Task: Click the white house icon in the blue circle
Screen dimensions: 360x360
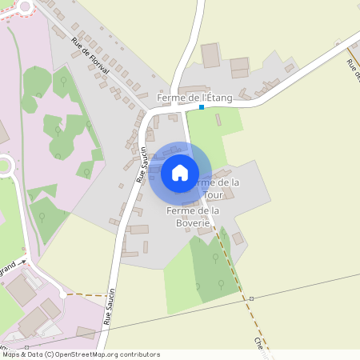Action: pos(180,173)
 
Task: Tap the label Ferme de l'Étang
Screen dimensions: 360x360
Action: pos(195,98)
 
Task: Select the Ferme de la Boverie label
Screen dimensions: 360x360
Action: pos(193,216)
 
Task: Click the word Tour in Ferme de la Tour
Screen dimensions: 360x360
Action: pos(214,194)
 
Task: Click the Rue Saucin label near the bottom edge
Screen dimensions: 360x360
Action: pos(110,306)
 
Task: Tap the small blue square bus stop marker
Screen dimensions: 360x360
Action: pos(202,107)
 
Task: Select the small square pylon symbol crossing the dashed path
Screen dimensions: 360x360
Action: pos(251,298)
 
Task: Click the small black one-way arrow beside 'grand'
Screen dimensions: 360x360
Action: pos(23,262)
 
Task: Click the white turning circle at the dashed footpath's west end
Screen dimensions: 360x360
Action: pos(63,294)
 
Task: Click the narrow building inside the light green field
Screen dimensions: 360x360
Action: pos(218,120)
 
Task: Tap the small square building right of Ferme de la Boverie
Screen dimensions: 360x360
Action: pos(238,238)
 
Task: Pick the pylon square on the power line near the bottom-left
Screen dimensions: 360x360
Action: pos(27,348)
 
